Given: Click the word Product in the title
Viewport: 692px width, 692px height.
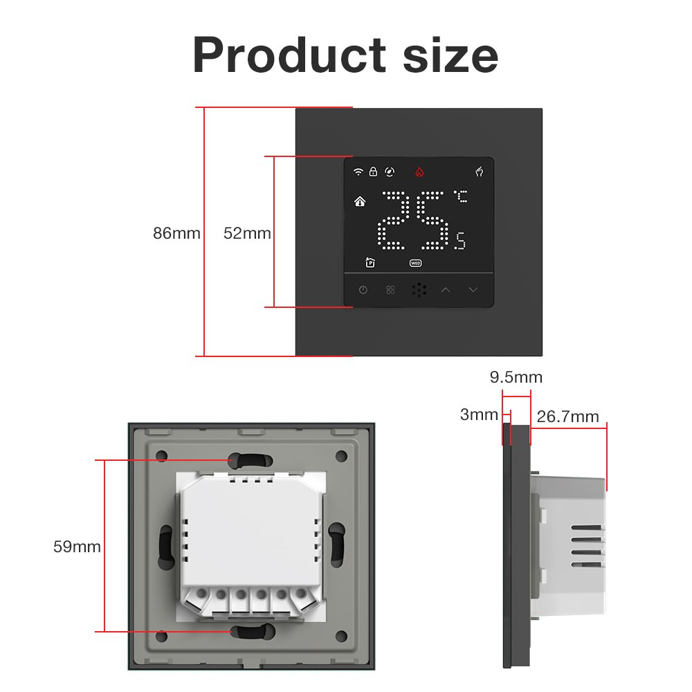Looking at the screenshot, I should click(x=289, y=55).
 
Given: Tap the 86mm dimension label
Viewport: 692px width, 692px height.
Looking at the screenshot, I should click(x=176, y=234).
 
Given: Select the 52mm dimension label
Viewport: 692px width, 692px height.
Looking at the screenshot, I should click(x=247, y=234).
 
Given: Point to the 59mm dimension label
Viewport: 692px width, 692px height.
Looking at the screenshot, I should click(x=77, y=547).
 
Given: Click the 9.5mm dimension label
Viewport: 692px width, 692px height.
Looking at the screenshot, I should click(x=516, y=378).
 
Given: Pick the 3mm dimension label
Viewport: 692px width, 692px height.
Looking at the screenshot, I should click(x=479, y=415).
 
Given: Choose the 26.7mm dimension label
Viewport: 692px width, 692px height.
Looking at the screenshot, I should click(x=567, y=417).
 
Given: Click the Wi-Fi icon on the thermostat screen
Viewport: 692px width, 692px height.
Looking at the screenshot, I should click(x=358, y=172).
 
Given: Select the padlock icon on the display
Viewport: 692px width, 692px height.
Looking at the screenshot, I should click(x=373, y=172).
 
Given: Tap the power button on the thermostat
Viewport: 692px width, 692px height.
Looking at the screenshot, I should click(x=363, y=289).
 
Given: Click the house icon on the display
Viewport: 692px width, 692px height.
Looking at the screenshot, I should click(x=359, y=202).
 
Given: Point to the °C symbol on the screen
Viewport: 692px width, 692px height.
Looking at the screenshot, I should click(x=461, y=197).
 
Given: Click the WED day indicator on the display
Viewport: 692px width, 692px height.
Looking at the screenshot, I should click(x=415, y=263).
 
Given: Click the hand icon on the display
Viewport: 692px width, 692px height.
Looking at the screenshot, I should click(x=479, y=172).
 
